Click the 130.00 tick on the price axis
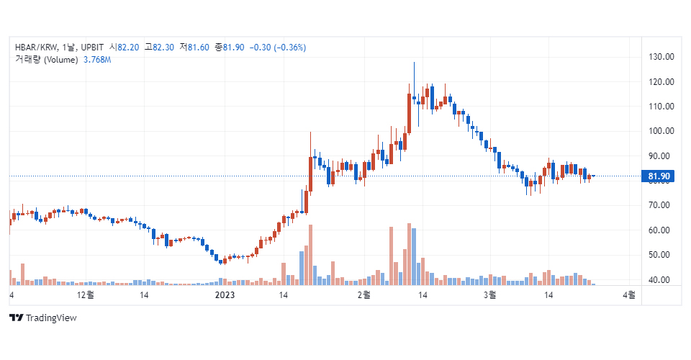click(660, 57)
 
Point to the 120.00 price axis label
click(660, 82)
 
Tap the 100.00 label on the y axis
click(660, 131)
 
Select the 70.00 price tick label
click(660, 205)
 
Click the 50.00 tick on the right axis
click(660, 255)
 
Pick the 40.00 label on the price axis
click(660, 280)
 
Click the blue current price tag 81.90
click(659, 176)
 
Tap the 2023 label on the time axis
click(225, 295)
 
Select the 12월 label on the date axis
click(85, 295)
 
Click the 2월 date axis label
click(363, 295)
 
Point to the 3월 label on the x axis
click(490, 295)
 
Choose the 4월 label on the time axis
click(628, 295)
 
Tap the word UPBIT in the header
click(93, 48)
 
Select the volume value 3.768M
click(97, 60)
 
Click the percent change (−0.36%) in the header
click(287, 48)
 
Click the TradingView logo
click(42, 318)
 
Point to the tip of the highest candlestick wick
click(414, 63)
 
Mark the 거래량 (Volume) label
click(46, 60)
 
